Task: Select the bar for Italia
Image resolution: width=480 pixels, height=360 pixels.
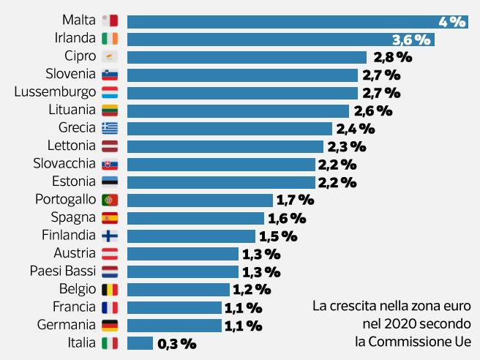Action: pyautogui.click(x=140, y=342)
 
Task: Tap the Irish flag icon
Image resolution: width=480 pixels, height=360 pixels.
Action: pyautogui.click(x=110, y=39)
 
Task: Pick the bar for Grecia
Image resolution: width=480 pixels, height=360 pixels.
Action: pyautogui.click(x=225, y=128)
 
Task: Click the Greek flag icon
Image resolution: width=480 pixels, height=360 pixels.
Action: pyautogui.click(x=110, y=128)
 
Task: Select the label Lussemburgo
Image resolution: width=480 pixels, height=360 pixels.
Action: pyautogui.click(x=56, y=92)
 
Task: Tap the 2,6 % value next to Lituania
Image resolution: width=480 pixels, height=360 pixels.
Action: pyautogui.click(x=372, y=110)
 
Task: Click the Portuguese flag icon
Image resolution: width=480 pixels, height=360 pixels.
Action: pyautogui.click(x=110, y=200)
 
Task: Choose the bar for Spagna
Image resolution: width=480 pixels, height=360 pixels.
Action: pyautogui.click(x=195, y=217)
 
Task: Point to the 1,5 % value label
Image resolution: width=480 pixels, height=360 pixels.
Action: pyautogui.click(x=278, y=236)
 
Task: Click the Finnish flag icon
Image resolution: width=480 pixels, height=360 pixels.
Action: pyautogui.click(x=110, y=236)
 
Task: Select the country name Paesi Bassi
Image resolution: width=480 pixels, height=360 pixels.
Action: pyautogui.click(x=63, y=271)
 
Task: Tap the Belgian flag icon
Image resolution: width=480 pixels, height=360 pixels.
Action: pyautogui.click(x=110, y=289)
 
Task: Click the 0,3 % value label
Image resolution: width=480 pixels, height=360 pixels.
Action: pyautogui.click(x=176, y=343)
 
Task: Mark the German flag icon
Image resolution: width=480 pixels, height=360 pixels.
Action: pyautogui.click(x=110, y=325)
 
